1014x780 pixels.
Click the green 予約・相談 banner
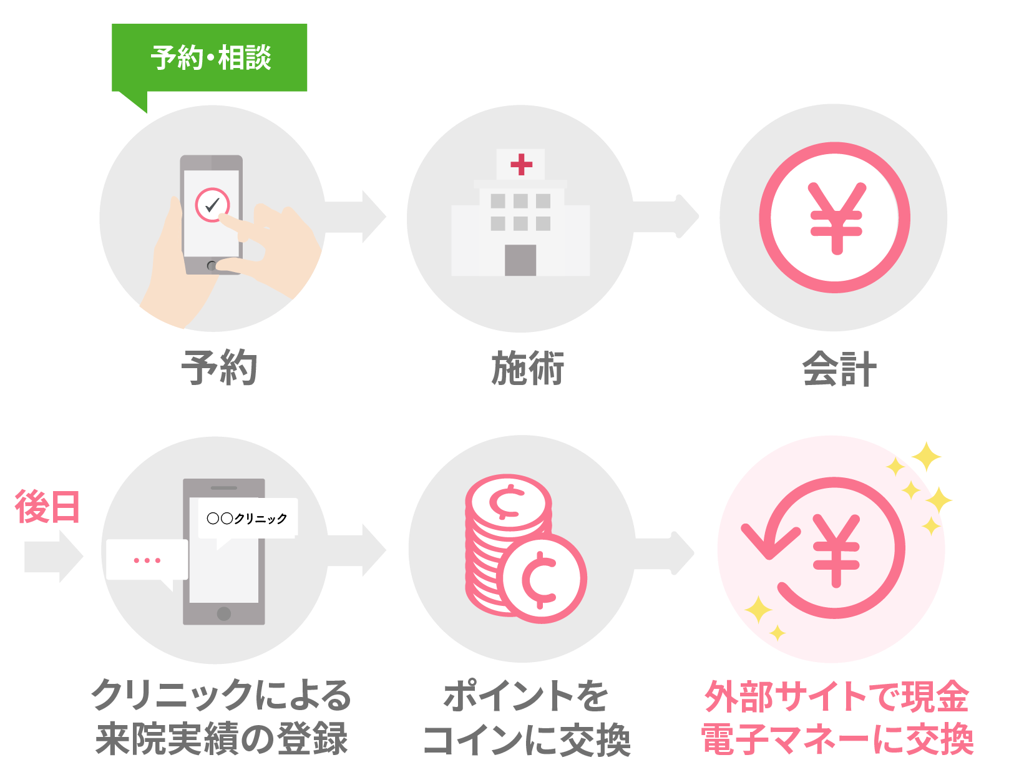[210, 58]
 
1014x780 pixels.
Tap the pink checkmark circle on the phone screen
[212, 205]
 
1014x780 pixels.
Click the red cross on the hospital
[521, 164]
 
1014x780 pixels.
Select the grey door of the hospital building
[520, 260]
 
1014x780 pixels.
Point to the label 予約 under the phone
[219, 368]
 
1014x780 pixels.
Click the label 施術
[527, 368]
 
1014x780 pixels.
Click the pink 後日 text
[47, 507]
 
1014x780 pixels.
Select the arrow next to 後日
[53, 557]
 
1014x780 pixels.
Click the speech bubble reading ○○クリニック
[247, 518]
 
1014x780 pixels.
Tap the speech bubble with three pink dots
[147, 560]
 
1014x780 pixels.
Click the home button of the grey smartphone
[224, 613]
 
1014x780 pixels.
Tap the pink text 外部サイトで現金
[837, 696]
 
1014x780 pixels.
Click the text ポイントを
[526, 696]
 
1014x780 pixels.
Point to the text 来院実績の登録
[222, 739]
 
